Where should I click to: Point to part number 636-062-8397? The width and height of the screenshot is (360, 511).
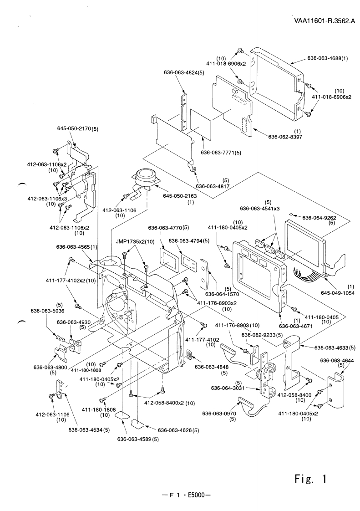tap(288, 136)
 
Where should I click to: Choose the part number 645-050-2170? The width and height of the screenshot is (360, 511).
tap(75, 130)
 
